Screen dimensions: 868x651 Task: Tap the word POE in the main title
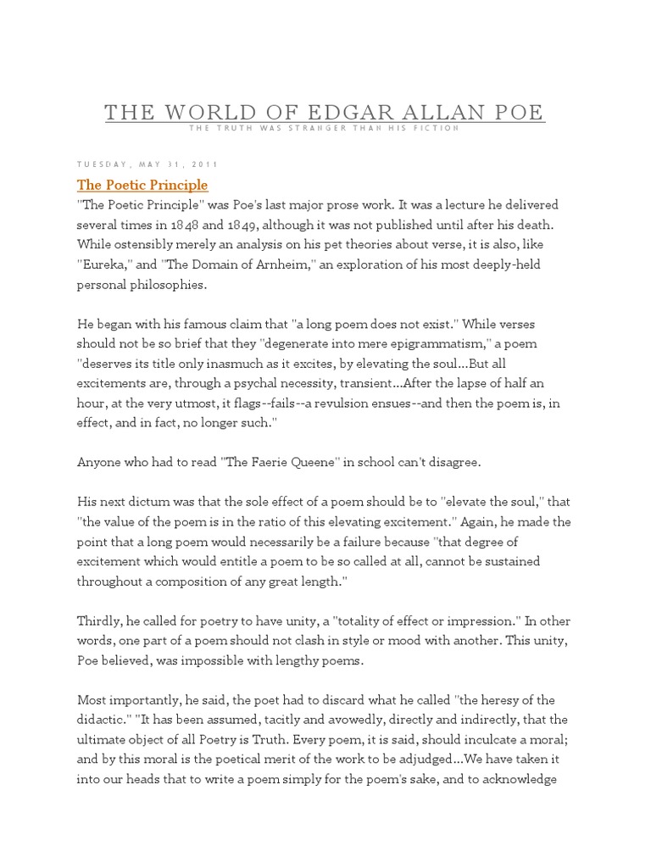(x=515, y=113)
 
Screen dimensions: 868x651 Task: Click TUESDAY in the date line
(x=103, y=164)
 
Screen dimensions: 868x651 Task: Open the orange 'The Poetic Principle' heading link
(x=142, y=185)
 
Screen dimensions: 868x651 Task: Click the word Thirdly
(x=101, y=620)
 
